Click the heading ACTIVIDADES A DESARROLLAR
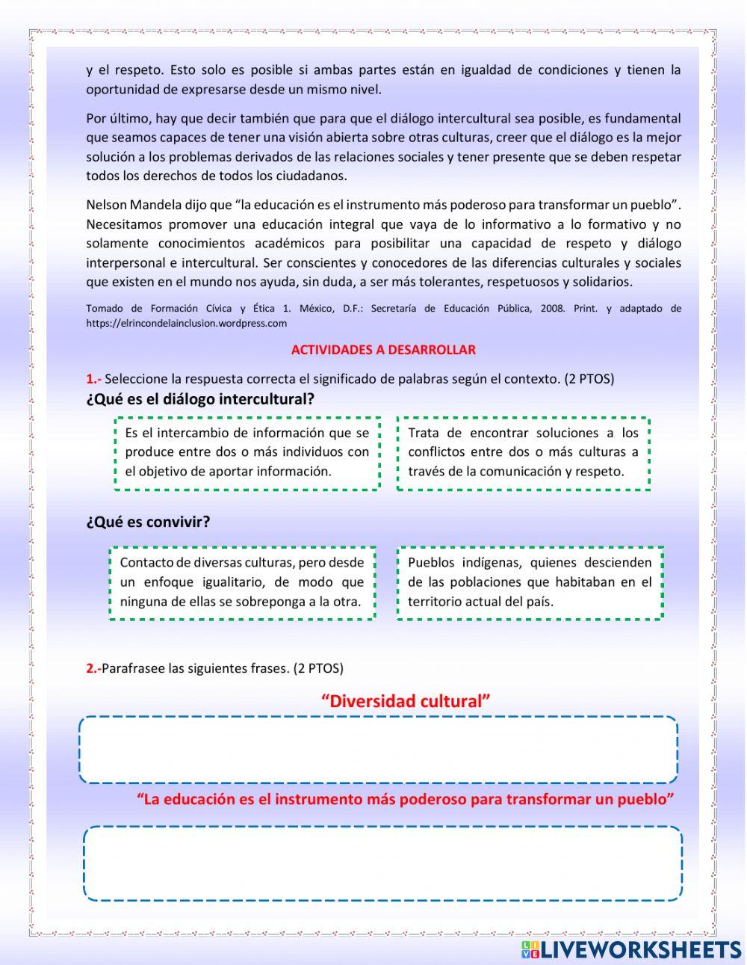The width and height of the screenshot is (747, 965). (x=383, y=350)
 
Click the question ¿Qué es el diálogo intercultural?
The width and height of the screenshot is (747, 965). (x=200, y=399)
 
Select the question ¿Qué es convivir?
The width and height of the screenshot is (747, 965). (x=148, y=522)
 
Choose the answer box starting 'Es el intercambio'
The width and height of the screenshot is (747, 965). (x=247, y=453)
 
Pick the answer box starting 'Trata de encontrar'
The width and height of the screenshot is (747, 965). (x=523, y=453)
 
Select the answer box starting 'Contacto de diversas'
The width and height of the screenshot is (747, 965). (x=242, y=582)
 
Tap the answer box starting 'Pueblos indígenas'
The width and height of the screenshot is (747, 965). (x=530, y=582)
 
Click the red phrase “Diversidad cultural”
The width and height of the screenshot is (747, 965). (x=406, y=701)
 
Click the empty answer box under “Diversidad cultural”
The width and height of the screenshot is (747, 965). (x=378, y=750)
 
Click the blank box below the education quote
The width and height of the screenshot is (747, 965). (x=382, y=863)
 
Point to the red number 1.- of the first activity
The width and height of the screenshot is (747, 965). (x=93, y=379)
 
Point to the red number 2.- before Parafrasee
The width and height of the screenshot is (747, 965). (x=93, y=668)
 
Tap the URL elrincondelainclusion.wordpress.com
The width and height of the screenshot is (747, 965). (x=186, y=324)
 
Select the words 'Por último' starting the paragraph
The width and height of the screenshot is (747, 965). (x=117, y=118)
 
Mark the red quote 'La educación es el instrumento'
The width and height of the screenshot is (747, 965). (x=406, y=799)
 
